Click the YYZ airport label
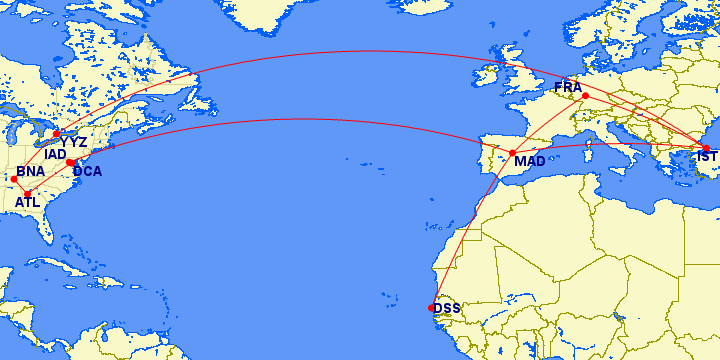coord(74,142)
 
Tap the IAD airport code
coord(55,155)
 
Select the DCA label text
coord(87,171)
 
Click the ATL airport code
coord(27,203)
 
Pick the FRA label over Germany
coord(567,88)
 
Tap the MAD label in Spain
coord(529,161)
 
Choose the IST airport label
coord(707,157)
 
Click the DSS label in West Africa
coord(447,308)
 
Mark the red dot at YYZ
coord(57,134)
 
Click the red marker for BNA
coord(14,179)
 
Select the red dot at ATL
coord(28,193)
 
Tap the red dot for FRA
coord(585,96)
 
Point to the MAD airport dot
coord(512,153)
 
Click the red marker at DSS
coord(432,308)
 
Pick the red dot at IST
coord(706,149)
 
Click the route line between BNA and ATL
coord(21,186)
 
